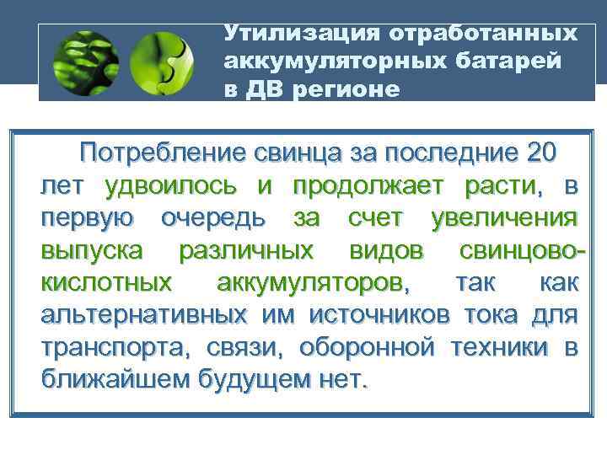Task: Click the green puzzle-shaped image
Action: tap(164, 62)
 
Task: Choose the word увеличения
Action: tap(503, 218)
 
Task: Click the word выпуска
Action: tap(93, 250)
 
